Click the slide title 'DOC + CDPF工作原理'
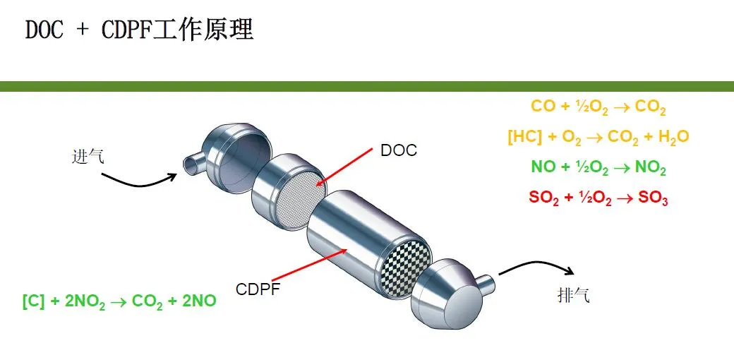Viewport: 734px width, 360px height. click(139, 30)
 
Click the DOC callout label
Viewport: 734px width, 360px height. click(399, 150)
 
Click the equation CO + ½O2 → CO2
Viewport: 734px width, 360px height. click(598, 107)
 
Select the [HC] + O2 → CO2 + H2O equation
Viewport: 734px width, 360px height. click(598, 137)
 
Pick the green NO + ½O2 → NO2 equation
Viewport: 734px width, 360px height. click(598, 168)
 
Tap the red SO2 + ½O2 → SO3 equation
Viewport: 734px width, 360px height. click(598, 198)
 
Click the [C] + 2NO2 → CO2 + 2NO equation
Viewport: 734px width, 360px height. click(119, 301)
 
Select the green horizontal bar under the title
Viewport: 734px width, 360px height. click(367, 86)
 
